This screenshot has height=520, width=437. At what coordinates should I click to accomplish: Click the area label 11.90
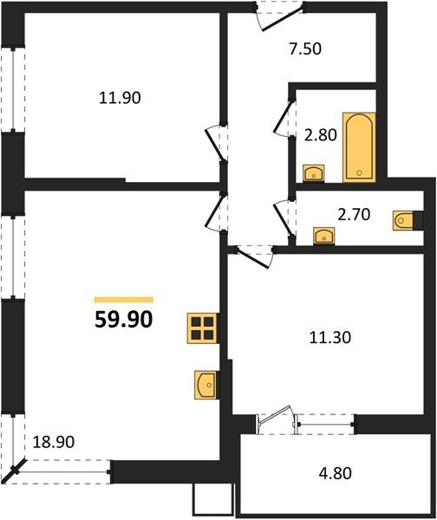click(121, 98)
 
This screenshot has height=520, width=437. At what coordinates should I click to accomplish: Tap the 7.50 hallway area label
click(304, 49)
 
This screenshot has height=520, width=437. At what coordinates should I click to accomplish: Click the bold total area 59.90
click(123, 320)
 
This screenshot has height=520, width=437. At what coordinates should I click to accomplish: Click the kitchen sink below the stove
click(205, 384)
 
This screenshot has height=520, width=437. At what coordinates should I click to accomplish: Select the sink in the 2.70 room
click(324, 235)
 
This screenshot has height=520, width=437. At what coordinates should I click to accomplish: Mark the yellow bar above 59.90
click(123, 298)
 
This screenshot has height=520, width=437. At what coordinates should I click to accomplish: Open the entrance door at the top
click(280, 15)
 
